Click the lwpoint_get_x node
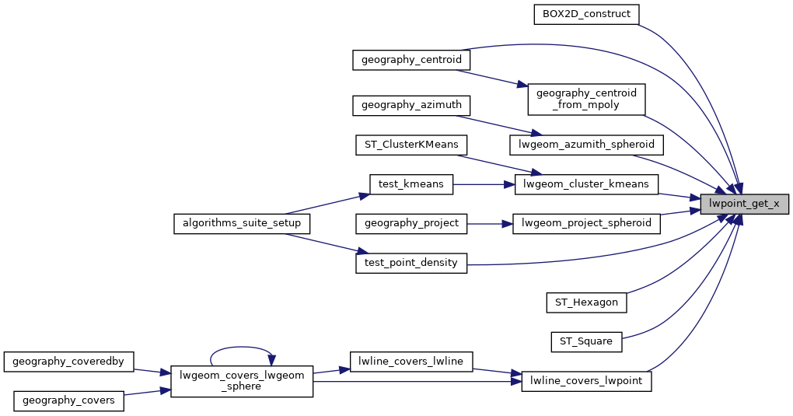[x=744, y=204]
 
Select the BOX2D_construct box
[x=586, y=14]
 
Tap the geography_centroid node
[x=411, y=60]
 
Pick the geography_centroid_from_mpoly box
[x=586, y=100]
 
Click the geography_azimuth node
[x=411, y=105]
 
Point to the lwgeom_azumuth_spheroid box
[x=586, y=145]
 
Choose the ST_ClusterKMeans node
[x=411, y=145]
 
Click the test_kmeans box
[x=411, y=184]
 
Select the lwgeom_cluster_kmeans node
[x=586, y=184]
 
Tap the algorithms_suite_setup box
[x=242, y=223]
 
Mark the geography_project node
[x=411, y=223]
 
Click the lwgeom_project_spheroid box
[x=586, y=223]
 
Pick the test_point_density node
[x=411, y=263]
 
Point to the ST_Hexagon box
[x=586, y=302]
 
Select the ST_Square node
[x=586, y=341]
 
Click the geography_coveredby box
[x=68, y=362]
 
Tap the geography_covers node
[x=68, y=400]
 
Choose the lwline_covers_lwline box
[x=411, y=362]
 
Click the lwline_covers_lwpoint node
[x=586, y=381]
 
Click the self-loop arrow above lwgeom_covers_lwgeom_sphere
[x=242, y=347]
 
